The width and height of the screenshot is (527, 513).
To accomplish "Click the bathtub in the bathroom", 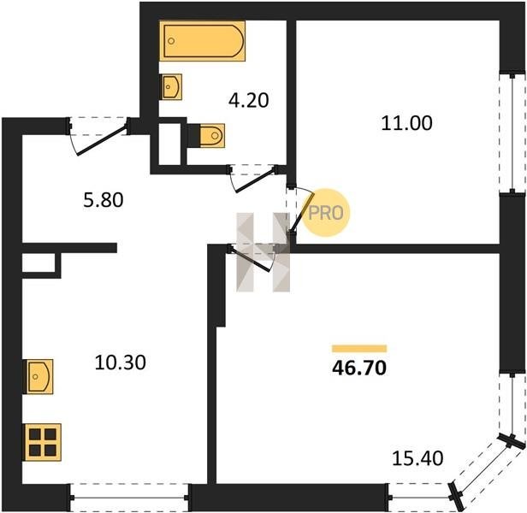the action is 202,41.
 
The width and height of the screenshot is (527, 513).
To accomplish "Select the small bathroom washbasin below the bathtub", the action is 172,87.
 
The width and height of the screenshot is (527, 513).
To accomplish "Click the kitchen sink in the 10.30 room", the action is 38,376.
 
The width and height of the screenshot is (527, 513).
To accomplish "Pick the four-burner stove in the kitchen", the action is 43,442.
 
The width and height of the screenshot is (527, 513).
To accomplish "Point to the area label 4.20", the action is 249,100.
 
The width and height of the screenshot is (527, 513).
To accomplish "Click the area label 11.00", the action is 406,123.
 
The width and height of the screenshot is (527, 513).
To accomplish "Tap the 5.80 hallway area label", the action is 104,200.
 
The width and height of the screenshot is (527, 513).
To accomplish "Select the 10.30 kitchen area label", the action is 121,363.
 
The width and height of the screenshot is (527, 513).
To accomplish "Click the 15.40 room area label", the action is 417,458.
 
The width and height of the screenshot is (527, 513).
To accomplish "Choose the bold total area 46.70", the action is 359,368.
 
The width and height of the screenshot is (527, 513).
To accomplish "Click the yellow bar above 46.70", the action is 359,348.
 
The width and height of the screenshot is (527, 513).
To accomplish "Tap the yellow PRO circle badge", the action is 326,213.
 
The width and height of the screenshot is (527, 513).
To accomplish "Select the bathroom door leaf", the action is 256,181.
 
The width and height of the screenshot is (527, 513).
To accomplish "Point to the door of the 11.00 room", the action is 303,212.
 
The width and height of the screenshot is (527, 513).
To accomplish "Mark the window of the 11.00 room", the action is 512,133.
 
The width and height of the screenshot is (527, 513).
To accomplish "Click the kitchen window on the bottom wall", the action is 129,498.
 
